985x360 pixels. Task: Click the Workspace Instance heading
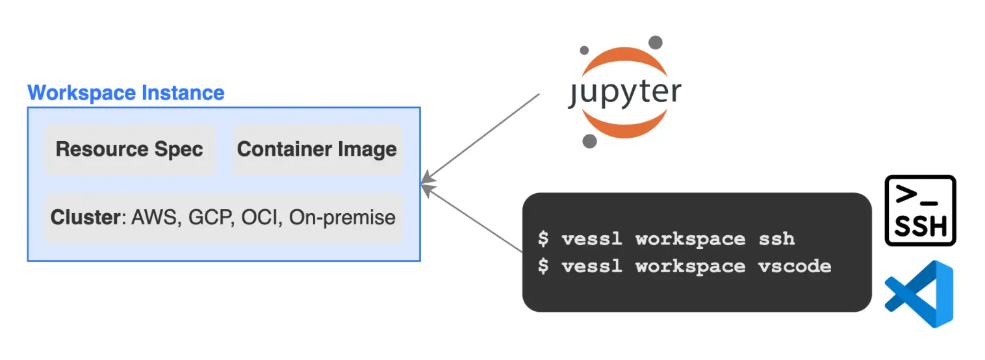tap(126, 92)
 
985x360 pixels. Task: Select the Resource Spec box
tap(129, 149)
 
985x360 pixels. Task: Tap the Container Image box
tap(317, 149)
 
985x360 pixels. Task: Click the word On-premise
tap(342, 217)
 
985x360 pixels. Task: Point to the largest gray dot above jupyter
tap(656, 42)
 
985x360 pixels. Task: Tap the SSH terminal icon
tap(920, 210)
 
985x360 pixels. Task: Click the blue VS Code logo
tap(920, 294)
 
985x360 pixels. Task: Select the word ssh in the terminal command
tap(776, 238)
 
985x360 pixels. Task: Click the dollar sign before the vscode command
tap(543, 266)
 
